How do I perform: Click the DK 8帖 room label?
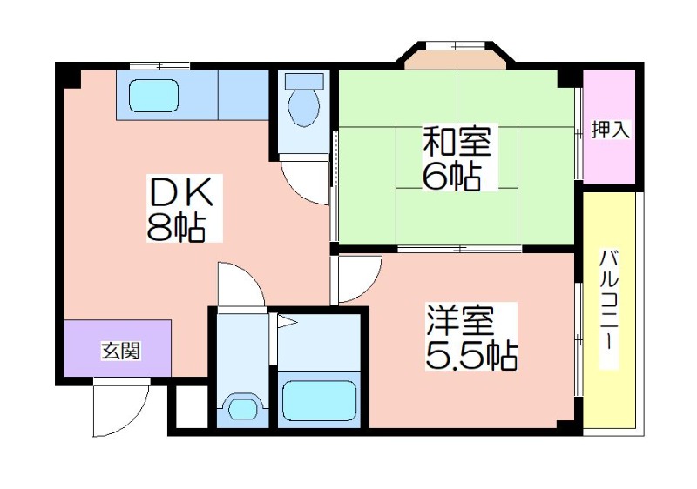click(x=183, y=209)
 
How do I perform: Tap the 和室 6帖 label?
click(x=456, y=158)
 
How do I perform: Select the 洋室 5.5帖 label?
click(x=470, y=337)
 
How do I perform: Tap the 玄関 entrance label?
click(x=121, y=351)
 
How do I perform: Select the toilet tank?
click(x=304, y=81)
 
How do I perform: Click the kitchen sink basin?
click(x=153, y=96)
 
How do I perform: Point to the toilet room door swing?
click(x=306, y=180)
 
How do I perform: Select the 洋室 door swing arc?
click(x=359, y=278)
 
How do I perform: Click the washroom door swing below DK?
click(x=240, y=285)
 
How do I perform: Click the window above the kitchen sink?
click(x=159, y=66)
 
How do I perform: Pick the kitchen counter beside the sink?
click(x=243, y=95)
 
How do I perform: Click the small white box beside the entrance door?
click(x=192, y=407)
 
